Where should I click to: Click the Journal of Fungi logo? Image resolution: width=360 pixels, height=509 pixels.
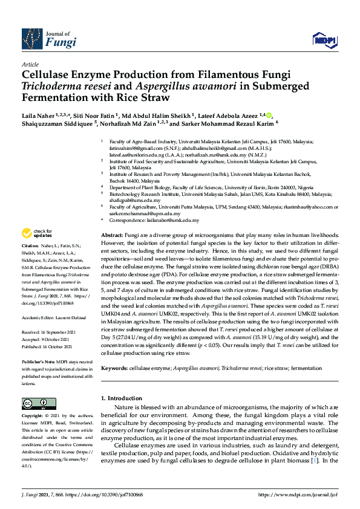click(x=49, y=39)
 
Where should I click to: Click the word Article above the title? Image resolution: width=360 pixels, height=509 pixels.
click(x=30, y=63)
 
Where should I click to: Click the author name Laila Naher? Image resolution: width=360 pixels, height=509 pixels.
click(x=38, y=115)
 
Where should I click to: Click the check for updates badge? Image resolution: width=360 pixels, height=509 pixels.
click(x=37, y=233)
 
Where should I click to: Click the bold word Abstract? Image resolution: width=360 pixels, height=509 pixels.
click(x=111, y=218)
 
